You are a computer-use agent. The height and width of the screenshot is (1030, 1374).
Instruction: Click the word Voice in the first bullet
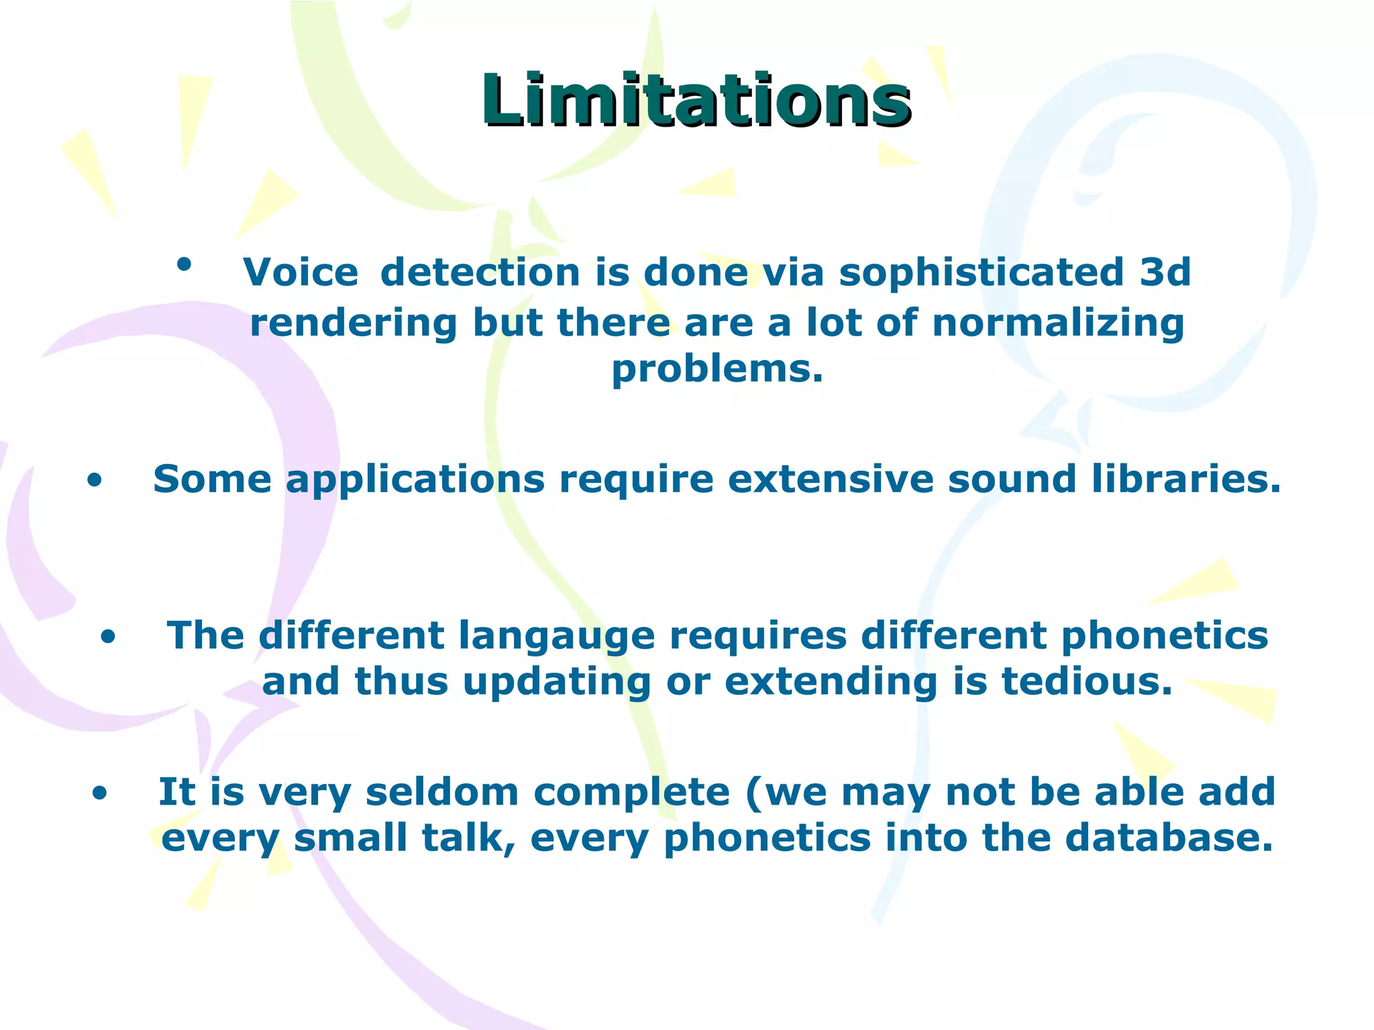click(301, 272)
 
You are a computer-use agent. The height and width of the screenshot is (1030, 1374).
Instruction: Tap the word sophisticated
click(981, 272)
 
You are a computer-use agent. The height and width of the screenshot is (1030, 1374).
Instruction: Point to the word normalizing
click(1058, 323)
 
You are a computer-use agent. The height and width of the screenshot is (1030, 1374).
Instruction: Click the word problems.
click(717, 369)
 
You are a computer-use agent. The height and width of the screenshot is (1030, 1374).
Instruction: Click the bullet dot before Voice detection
click(184, 264)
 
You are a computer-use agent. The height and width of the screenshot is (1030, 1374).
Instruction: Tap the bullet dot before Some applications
click(95, 480)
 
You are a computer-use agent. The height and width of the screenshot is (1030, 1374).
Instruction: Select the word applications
click(416, 480)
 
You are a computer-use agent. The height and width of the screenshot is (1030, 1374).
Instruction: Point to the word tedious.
click(1087, 681)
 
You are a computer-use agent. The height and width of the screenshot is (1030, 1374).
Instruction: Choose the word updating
click(557, 681)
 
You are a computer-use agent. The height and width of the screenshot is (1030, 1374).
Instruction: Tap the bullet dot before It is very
click(99, 794)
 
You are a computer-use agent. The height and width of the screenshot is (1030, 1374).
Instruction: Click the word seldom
click(442, 792)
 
